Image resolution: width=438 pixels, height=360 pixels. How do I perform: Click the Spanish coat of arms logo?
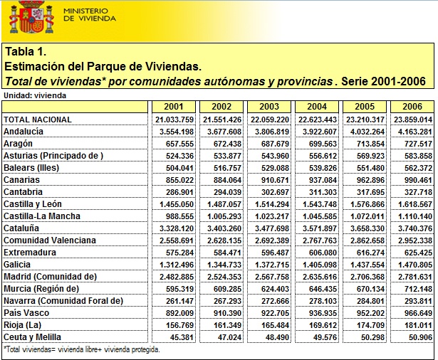[31, 17]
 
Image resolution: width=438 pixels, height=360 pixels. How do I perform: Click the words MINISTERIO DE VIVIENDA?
[90, 15]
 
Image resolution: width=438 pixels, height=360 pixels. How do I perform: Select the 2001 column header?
[174, 106]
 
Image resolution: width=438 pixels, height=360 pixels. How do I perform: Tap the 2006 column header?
[412, 106]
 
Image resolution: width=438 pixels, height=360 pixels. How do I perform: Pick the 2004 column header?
[317, 106]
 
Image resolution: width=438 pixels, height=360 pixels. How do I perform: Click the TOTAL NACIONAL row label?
[38, 120]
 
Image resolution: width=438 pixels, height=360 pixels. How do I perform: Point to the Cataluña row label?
[21, 228]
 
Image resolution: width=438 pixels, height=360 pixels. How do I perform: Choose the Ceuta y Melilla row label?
[32, 337]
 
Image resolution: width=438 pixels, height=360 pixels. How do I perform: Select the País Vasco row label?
[26, 313]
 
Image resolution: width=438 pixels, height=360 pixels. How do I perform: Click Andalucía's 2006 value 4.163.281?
[414, 132]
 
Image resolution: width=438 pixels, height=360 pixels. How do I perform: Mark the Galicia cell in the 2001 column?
[176, 265]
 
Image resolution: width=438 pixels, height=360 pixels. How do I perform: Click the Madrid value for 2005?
[367, 277]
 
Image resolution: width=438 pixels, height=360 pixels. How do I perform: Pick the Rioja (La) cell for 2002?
[227, 325]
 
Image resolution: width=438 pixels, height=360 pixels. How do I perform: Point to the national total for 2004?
[318, 120]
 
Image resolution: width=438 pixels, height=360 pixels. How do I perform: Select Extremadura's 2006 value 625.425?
[418, 253]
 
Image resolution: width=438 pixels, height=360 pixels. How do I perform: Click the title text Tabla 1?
[26, 51]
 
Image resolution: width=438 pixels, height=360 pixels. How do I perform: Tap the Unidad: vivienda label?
[35, 95]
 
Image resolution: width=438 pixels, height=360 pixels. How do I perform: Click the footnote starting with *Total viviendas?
[82, 349]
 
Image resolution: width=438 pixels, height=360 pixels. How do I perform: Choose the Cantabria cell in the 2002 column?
[227, 192]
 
